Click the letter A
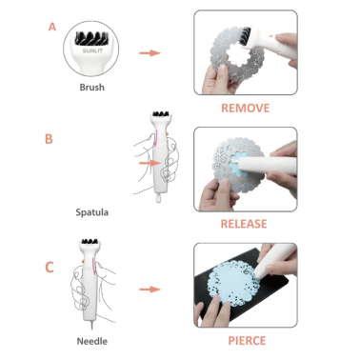point(52,27)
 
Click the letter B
point(49,139)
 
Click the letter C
point(50,268)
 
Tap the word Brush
point(91,87)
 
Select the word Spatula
point(91,212)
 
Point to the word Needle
point(92,341)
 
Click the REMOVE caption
point(246,109)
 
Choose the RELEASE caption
point(244,224)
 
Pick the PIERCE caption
point(247,341)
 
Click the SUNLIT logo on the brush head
point(92,50)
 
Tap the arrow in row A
point(150,52)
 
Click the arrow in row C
point(150,290)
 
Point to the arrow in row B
point(150,163)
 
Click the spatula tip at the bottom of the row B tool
point(158,198)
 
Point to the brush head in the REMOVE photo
point(245,35)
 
